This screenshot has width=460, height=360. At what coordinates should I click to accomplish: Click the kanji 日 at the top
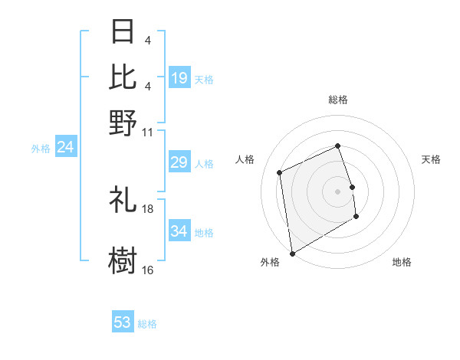click(x=123, y=32)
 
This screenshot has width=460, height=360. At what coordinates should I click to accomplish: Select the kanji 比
click(x=123, y=77)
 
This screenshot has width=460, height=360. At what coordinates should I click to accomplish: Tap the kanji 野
click(x=123, y=123)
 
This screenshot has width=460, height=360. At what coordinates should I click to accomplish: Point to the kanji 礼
click(x=123, y=201)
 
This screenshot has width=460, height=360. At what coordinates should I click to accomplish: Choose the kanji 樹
click(x=123, y=259)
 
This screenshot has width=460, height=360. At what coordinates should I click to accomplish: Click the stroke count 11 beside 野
click(x=148, y=131)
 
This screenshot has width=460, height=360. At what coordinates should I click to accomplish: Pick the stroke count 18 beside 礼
click(x=148, y=208)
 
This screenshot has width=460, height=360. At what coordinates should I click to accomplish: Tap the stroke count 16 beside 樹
click(x=148, y=270)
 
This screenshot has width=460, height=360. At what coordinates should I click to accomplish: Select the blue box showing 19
click(x=179, y=77)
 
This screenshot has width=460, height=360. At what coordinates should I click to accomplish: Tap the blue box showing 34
click(x=179, y=231)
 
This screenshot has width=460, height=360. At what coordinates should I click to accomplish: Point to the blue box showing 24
click(x=66, y=147)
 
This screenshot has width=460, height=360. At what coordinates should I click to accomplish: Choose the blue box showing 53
click(x=123, y=322)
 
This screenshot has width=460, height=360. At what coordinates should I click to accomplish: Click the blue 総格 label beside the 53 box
click(x=147, y=324)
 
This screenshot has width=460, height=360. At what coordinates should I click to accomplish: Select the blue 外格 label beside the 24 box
click(x=41, y=149)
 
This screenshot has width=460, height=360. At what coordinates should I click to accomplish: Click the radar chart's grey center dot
click(x=338, y=191)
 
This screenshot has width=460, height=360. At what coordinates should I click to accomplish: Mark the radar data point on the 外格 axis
click(x=292, y=253)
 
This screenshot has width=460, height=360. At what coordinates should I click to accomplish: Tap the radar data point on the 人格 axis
click(x=280, y=172)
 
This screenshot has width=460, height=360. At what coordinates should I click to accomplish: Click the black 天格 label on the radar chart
click(x=432, y=159)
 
